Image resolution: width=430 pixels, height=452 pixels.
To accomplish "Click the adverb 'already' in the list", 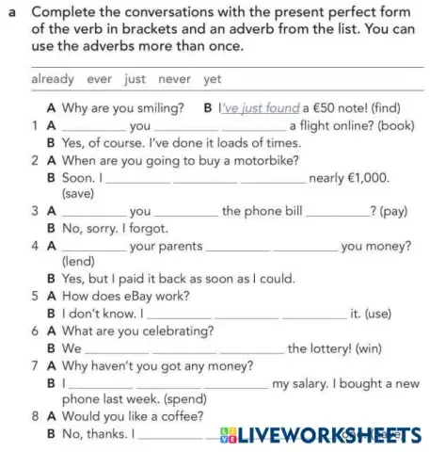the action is click(x=53, y=80).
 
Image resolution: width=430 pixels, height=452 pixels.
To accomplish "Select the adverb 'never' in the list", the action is click(x=178, y=80).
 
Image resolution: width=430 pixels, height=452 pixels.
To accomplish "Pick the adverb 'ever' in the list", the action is click(x=100, y=80).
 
